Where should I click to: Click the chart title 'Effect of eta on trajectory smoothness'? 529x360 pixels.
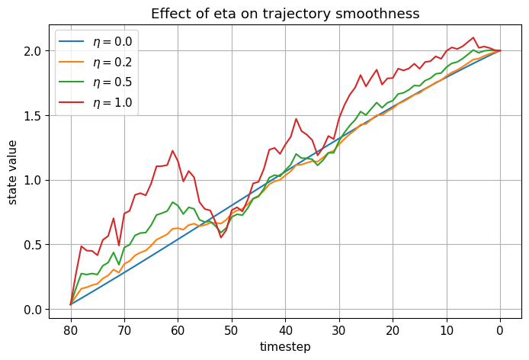[x=285, y=13]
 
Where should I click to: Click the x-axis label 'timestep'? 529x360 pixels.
[x=285, y=346]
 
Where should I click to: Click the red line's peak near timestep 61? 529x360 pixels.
[x=172, y=151]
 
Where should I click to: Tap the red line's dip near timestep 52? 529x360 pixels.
[x=221, y=237]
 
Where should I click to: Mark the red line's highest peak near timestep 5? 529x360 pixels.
[x=473, y=37]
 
